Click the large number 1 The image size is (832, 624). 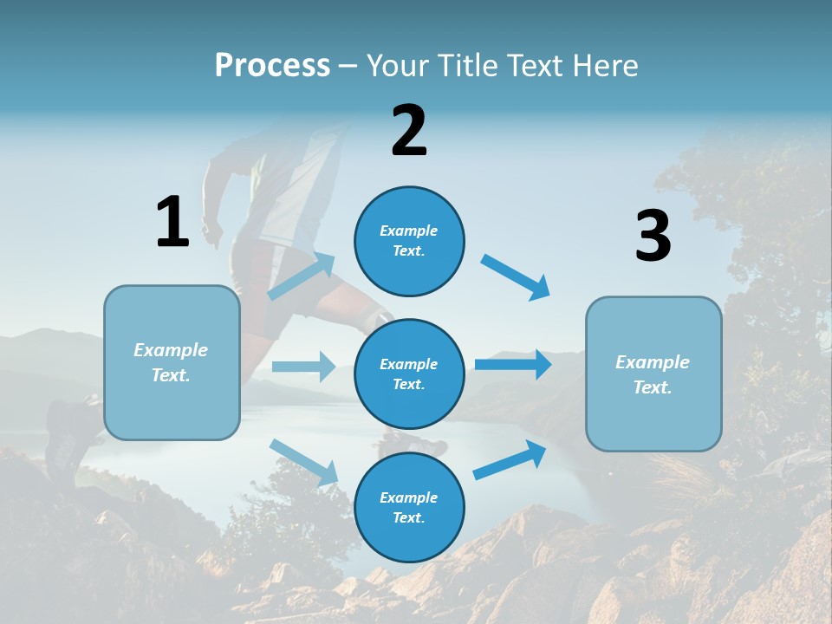pyautogui.click(x=172, y=223)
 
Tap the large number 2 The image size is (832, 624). pyautogui.click(x=409, y=131)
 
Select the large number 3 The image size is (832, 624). pyautogui.click(x=653, y=237)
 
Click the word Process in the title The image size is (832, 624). pyautogui.click(x=272, y=65)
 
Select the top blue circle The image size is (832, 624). pyautogui.click(x=409, y=241)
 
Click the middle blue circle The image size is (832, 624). pyautogui.click(x=409, y=374)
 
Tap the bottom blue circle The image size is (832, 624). pyautogui.click(x=409, y=507)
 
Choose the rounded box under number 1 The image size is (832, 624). pyautogui.click(x=172, y=362)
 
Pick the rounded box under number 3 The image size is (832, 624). pyautogui.click(x=653, y=374)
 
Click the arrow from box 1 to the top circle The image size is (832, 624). pyautogui.click(x=302, y=276)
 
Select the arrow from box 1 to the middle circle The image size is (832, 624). pyautogui.click(x=304, y=367)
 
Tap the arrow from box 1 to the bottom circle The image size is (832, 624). pyautogui.click(x=304, y=462)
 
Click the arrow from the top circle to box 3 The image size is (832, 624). pyautogui.click(x=516, y=276)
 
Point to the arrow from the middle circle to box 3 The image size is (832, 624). pyautogui.click(x=513, y=365)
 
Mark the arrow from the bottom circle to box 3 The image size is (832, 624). pyautogui.click(x=510, y=460)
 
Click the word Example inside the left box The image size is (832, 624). pyautogui.click(x=171, y=350)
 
